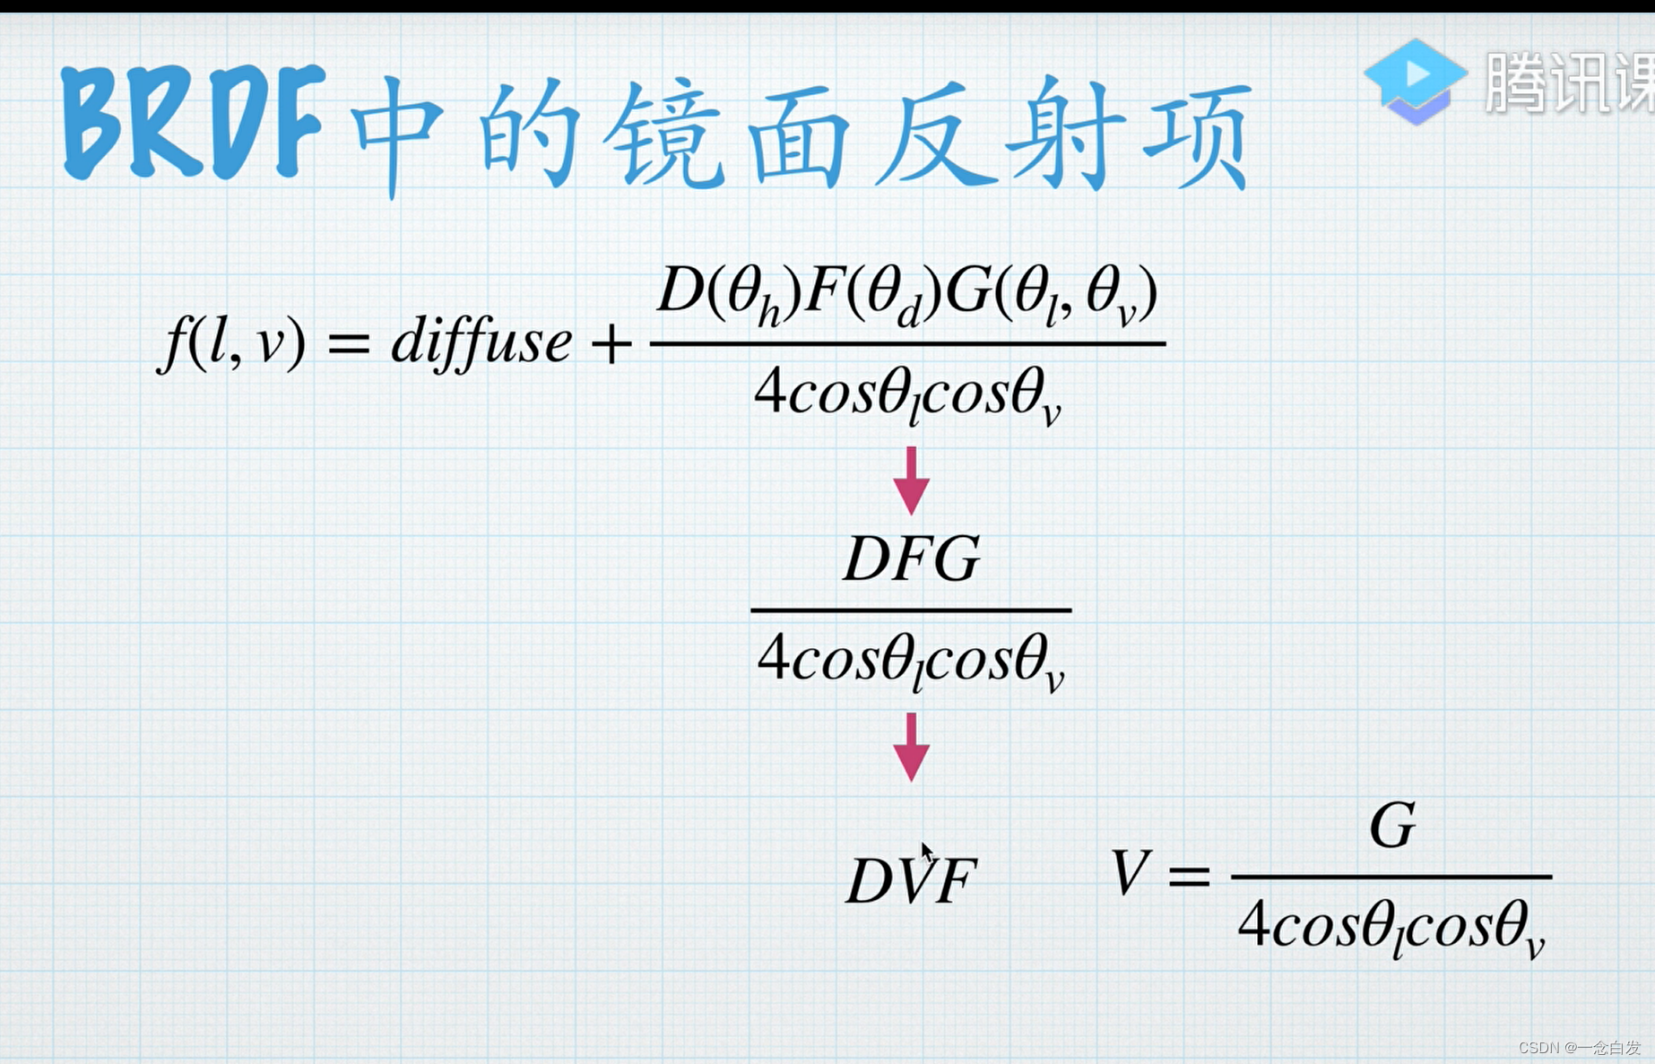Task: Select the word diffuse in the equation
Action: point(481,342)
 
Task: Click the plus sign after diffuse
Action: point(611,344)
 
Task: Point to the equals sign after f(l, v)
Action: point(349,343)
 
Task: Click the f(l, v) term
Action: point(232,343)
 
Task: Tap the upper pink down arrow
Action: point(911,480)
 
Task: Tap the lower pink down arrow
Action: point(911,747)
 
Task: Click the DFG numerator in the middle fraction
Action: point(912,559)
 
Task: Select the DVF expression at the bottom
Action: point(910,880)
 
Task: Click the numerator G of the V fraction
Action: point(1392,826)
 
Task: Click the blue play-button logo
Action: point(1415,81)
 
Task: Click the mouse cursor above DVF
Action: point(926,852)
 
